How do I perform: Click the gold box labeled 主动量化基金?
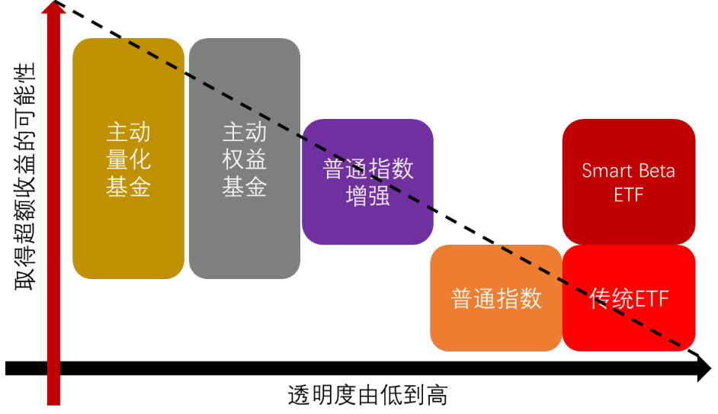tap(128, 159)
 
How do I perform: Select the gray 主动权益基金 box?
tap(245, 159)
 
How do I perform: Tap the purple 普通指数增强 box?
tap(367, 181)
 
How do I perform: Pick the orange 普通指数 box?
tap(496, 297)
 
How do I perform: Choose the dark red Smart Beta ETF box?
tap(629, 181)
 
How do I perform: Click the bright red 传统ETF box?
tap(629, 298)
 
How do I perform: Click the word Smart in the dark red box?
tap(606, 170)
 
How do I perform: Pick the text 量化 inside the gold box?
tap(128, 160)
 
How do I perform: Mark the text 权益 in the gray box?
tap(245, 160)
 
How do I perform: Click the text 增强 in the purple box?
tap(367, 195)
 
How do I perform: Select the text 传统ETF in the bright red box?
tap(629, 298)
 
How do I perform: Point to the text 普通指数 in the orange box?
tap(496, 298)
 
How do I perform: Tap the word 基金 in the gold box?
tap(128, 188)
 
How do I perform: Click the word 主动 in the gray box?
tap(245, 133)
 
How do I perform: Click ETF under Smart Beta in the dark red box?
tap(629, 194)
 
